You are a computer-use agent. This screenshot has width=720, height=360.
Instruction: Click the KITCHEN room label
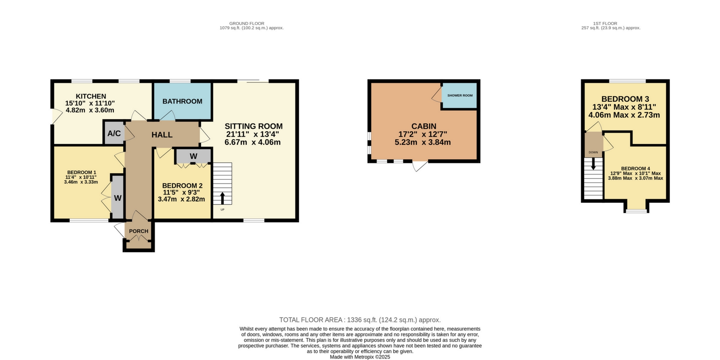91,96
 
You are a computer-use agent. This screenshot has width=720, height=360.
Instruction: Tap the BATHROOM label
182,101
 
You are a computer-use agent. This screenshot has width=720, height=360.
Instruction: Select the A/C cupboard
114,134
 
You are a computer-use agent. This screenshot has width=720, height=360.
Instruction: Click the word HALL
162,135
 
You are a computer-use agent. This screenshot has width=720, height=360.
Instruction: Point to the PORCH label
138,231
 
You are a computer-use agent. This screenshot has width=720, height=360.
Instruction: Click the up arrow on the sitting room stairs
223,198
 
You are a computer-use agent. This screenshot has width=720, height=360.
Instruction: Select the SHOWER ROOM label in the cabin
460,96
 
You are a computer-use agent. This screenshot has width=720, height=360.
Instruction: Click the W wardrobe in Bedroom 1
118,198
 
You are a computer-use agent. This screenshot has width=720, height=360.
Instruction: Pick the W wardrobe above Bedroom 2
193,156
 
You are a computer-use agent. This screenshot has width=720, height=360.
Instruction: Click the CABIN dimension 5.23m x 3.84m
423,143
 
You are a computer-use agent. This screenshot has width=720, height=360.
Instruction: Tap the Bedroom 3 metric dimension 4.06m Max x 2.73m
624,115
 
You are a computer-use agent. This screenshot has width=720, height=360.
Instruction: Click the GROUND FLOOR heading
246,23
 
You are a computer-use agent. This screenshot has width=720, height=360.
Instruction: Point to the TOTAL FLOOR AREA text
360,320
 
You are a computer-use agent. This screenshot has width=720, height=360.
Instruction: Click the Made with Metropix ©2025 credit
360,357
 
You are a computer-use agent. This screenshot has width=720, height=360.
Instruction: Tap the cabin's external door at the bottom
420,166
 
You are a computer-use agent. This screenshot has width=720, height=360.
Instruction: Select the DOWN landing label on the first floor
593,152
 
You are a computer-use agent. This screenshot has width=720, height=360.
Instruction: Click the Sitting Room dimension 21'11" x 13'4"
252,134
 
